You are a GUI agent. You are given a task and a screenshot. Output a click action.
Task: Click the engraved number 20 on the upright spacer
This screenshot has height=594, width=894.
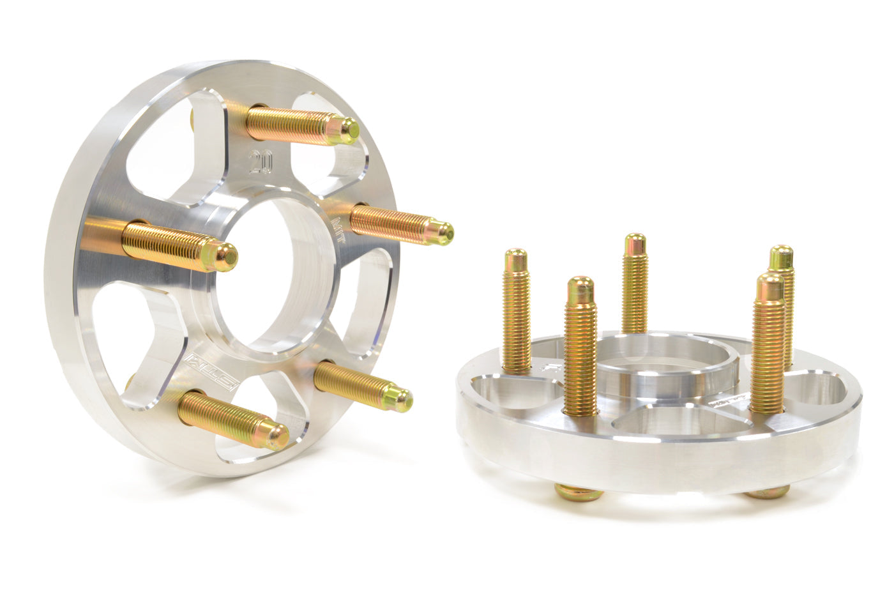[x=260, y=162]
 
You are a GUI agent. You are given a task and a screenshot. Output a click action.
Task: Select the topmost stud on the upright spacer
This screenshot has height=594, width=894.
[x=300, y=123]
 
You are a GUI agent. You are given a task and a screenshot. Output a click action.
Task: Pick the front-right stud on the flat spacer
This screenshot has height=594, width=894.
[x=768, y=345]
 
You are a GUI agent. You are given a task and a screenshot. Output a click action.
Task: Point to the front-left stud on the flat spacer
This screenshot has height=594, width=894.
[x=580, y=345]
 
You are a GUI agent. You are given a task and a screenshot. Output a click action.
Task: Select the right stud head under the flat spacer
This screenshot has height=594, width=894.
[x=766, y=492]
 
